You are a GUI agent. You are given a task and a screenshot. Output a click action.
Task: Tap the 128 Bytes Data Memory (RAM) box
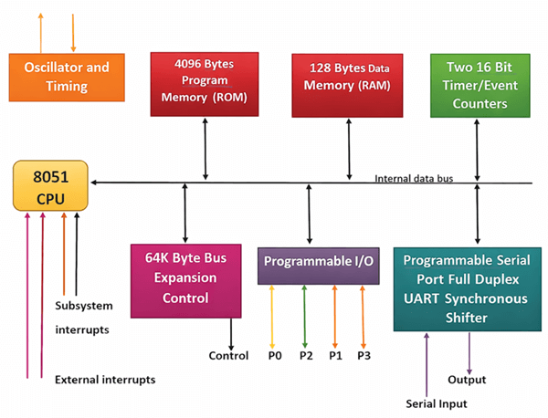coord(348,85)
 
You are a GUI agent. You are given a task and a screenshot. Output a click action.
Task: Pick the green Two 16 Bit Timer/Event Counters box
coord(479,85)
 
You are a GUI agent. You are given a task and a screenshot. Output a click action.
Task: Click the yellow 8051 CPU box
coord(49,184)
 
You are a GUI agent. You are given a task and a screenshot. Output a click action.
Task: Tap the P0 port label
coord(273,355)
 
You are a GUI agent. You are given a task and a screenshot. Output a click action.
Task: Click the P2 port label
coord(305,355)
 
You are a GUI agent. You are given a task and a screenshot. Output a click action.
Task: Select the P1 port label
coord(335,355)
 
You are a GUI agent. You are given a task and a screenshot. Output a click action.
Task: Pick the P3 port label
coord(364,355)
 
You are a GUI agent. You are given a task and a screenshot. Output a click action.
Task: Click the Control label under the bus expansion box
coord(228,355)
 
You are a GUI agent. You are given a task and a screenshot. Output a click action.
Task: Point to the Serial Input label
coord(437,402)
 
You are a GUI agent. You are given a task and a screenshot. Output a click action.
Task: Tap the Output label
coord(468,379)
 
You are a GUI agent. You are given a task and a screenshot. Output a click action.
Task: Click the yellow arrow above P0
coord(273,315)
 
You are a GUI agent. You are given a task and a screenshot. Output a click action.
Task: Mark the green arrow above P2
coord(305,315)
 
